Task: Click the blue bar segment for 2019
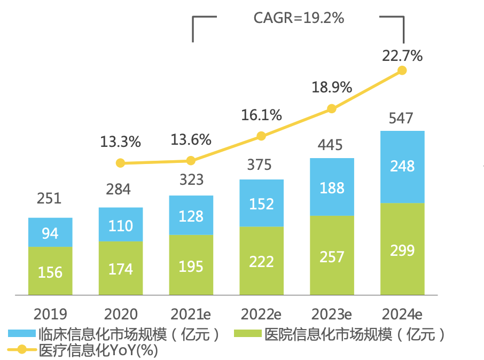(50, 232)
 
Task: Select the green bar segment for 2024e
(402, 249)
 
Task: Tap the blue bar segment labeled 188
(332, 187)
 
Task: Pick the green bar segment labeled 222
(261, 261)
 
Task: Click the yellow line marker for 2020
(120, 163)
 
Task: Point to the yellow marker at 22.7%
(402, 71)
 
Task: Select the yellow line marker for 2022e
(261, 136)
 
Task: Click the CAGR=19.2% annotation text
(299, 18)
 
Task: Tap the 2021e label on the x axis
(191, 314)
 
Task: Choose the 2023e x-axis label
(332, 314)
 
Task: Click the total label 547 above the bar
(402, 118)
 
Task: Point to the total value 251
(50, 199)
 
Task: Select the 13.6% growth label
(191, 140)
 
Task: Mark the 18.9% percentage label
(332, 87)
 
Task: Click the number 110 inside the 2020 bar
(120, 225)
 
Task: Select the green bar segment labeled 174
(120, 268)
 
